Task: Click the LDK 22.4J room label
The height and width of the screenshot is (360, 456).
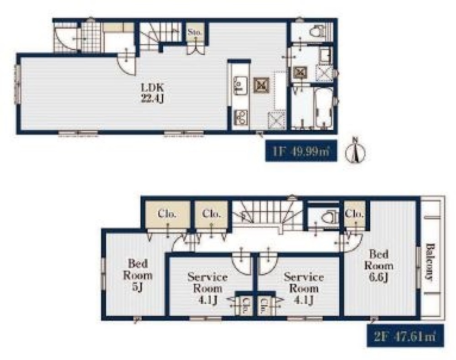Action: [x=153, y=93]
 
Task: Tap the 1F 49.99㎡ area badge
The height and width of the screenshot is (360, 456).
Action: [x=301, y=151]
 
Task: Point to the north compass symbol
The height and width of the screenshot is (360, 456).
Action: [x=355, y=151]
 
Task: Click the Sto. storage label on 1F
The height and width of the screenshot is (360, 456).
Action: [x=195, y=32]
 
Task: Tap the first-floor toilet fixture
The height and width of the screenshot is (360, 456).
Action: [x=316, y=31]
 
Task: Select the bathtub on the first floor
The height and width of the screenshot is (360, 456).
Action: [x=323, y=108]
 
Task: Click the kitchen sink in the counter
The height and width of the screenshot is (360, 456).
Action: [x=241, y=86]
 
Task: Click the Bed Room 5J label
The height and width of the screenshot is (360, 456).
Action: [x=138, y=275]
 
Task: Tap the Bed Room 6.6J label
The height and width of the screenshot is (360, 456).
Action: [x=379, y=266]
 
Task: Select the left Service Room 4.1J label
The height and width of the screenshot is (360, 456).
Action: [x=207, y=288]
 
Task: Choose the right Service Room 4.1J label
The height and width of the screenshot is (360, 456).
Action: [x=304, y=288]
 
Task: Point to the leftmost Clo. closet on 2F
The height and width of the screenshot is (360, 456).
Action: [x=167, y=214]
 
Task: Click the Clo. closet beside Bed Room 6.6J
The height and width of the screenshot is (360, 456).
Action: [x=354, y=214]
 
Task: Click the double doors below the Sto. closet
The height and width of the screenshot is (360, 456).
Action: [x=196, y=49]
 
